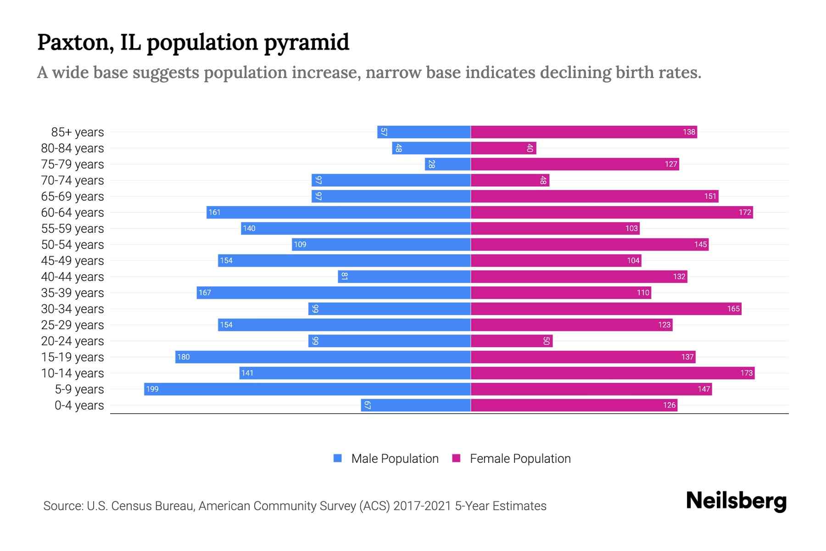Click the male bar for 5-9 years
point(307,389)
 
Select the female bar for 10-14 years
point(613,373)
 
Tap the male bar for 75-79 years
point(448,164)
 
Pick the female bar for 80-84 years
point(503,148)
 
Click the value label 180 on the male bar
point(184,357)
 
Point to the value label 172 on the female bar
point(745,212)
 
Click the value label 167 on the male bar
point(205,292)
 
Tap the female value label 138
point(689,132)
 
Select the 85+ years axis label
point(78,132)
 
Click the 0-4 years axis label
point(79,405)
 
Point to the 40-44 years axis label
point(73,277)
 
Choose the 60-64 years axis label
point(73,213)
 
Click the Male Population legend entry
point(395,459)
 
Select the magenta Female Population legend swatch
point(456,458)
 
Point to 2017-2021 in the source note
point(422,506)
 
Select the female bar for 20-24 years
point(512,341)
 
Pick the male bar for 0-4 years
point(416,405)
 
